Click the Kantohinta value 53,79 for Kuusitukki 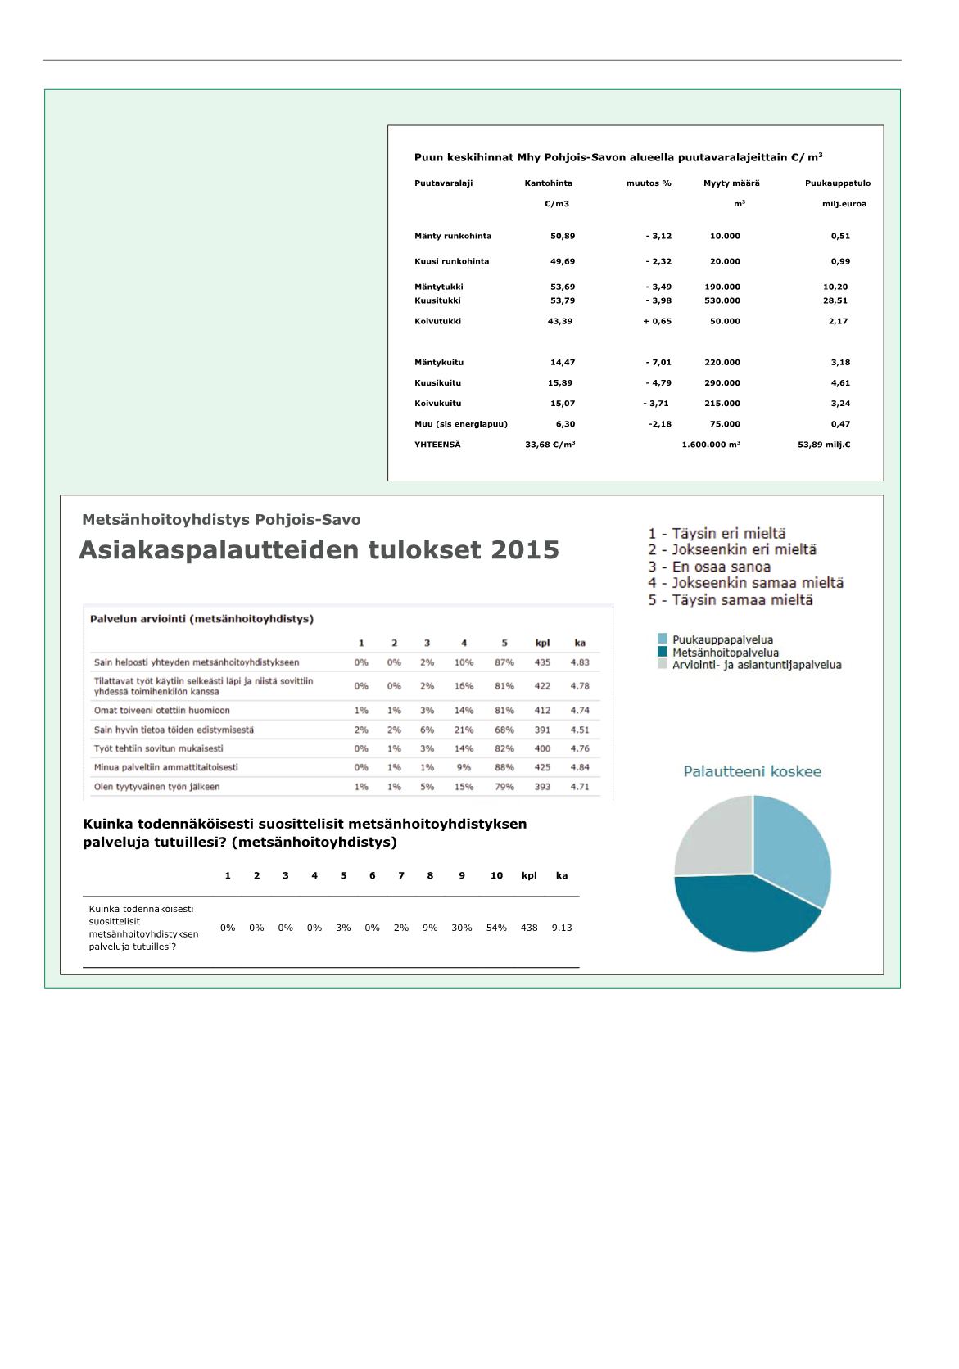click(562, 300)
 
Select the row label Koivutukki click(437, 321)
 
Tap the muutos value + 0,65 click(657, 321)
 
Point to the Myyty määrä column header click(731, 183)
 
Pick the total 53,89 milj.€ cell click(824, 445)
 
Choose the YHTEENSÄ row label click(437, 445)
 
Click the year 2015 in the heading click(525, 550)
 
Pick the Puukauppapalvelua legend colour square click(663, 639)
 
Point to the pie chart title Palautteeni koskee click(752, 771)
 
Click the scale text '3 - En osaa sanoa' click(709, 567)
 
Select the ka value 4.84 click(580, 767)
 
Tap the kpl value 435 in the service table click(542, 662)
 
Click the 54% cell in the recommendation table click(496, 928)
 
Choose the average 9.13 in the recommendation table click(562, 928)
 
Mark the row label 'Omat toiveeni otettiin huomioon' click(162, 710)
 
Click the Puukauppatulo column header click(837, 183)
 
